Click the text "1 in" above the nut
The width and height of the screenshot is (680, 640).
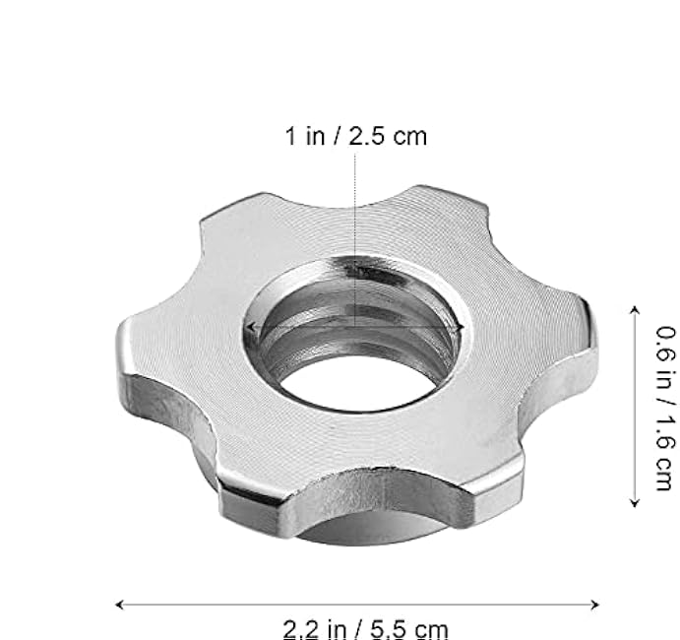[305, 136]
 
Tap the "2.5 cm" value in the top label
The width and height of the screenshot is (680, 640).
[392, 136]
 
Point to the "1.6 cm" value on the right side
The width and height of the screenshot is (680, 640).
[665, 455]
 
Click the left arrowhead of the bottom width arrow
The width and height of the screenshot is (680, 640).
[119, 605]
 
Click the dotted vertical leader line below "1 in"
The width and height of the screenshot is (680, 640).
[354, 226]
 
